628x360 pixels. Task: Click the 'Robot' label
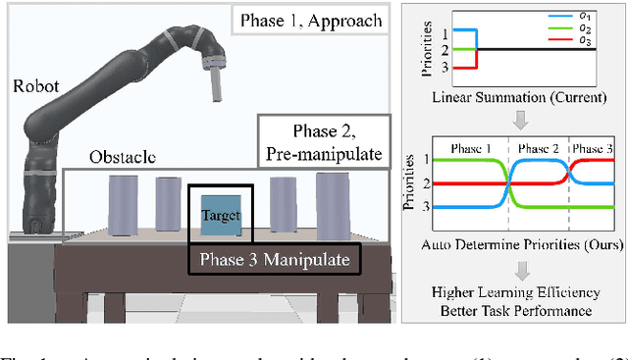tap(33, 85)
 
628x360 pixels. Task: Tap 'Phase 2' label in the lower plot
tap(539, 147)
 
